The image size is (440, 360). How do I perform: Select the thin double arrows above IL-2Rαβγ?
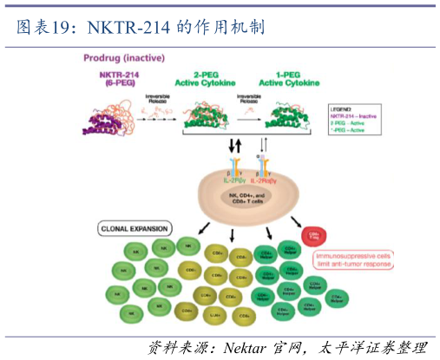pos(264,145)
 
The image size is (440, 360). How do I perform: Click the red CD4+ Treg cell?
pos(313,235)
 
